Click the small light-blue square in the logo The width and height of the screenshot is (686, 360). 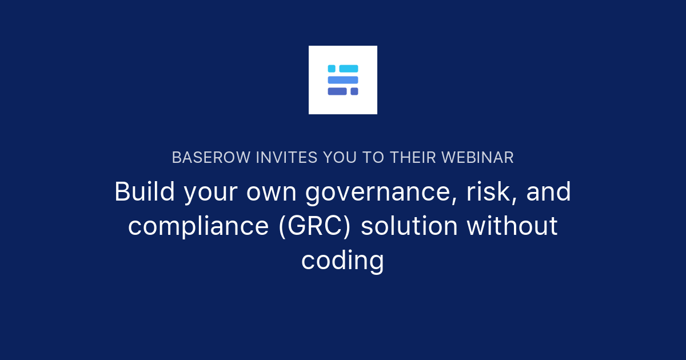coord(332,69)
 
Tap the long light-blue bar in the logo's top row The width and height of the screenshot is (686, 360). coord(349,69)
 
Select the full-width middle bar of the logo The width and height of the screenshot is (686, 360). coord(343,80)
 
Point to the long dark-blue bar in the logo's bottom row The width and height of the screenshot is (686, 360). coord(337,91)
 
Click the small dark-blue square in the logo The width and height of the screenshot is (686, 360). coord(354,91)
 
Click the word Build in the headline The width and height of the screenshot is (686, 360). coord(145,192)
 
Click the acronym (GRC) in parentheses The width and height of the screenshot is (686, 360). coord(315,226)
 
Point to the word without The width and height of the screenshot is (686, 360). coord(512,226)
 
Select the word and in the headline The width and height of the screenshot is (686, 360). coord(549,192)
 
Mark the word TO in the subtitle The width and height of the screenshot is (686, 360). coord(372,158)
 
